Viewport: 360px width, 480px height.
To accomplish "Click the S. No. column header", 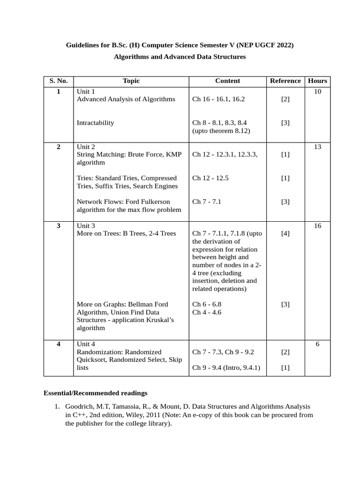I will [x=59, y=81].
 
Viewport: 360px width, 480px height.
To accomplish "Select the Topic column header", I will [x=131, y=81].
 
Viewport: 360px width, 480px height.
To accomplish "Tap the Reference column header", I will [x=285, y=81].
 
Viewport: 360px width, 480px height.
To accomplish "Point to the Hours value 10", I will [x=317, y=91].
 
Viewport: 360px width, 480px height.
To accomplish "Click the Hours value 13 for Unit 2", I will [x=317, y=147].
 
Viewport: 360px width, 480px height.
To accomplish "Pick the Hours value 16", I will [x=317, y=225].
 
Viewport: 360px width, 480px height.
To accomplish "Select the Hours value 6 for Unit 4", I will [x=317, y=344].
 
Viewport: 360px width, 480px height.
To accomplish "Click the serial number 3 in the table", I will [x=59, y=225].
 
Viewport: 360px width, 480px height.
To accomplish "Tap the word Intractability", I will [x=95, y=123].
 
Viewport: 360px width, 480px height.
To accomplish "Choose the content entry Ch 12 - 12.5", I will [x=210, y=178].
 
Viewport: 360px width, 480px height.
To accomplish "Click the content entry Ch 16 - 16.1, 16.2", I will [x=218, y=99].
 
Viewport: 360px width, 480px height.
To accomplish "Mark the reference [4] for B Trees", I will [x=285, y=233].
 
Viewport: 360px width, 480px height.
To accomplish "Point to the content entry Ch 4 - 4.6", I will [x=207, y=312].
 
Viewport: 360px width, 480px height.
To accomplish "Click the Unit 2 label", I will [x=86, y=147].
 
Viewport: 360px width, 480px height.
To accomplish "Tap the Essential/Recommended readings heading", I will [x=95, y=393].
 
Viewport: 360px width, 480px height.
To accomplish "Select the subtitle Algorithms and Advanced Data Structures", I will [x=180, y=57].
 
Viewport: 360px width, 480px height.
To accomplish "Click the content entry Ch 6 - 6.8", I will [x=207, y=304].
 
